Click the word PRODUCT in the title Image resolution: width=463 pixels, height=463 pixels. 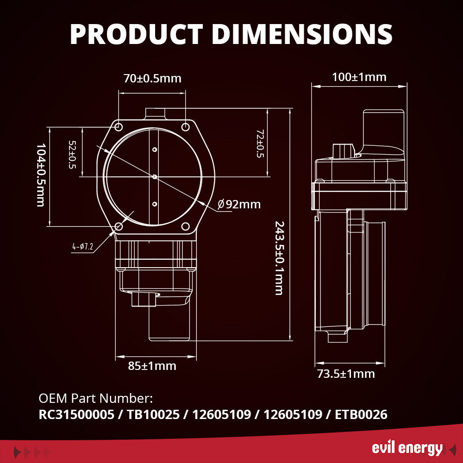[136, 33]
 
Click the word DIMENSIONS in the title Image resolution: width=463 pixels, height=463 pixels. [300, 33]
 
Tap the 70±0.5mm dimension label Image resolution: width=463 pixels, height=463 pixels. [152, 78]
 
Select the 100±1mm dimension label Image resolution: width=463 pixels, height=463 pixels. [359, 77]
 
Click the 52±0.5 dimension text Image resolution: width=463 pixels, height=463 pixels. [72, 155]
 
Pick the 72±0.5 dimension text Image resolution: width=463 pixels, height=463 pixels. [260, 143]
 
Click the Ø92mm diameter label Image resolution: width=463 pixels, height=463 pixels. [239, 204]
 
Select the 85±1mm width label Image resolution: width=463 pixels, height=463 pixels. [152, 366]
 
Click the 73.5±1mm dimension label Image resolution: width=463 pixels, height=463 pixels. [346, 374]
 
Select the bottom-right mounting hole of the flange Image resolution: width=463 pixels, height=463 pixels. [186, 226]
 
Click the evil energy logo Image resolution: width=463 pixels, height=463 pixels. [407, 448]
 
